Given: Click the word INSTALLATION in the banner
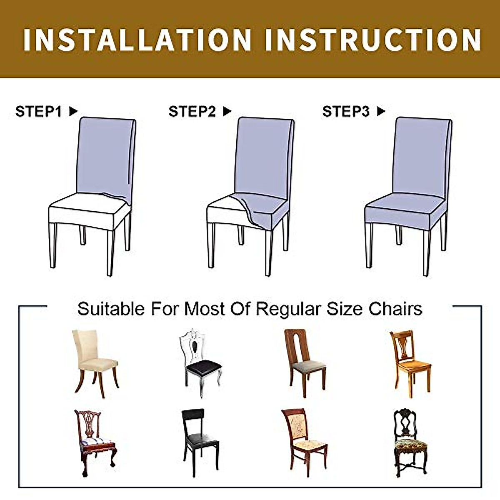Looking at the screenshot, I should pos(137,40).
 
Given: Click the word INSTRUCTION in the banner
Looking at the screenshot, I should pos(373,40).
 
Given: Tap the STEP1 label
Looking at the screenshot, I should pos(38,112).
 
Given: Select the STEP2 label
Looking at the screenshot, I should pos(192,112).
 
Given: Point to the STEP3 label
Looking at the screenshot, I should pos(346,112).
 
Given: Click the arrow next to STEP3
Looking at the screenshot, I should pos(381,112).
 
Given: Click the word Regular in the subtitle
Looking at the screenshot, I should pos(288,309).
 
